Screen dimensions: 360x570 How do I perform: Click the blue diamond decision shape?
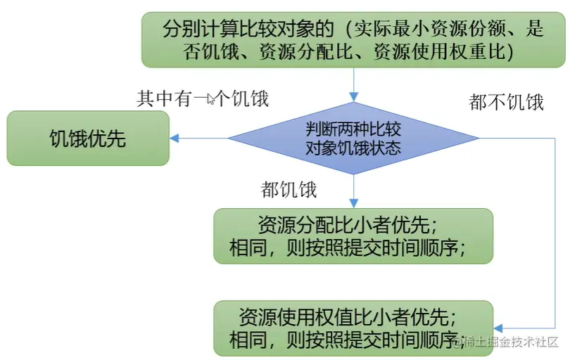point(353,139)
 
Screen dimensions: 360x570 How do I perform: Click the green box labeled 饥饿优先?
point(88,139)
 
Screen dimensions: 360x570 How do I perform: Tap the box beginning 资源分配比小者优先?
point(353,236)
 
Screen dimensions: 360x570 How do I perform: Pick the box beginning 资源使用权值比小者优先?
point(353,328)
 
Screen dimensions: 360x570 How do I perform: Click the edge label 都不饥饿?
point(506,102)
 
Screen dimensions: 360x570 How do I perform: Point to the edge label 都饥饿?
point(289,189)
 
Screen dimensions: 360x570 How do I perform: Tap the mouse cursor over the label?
point(210,100)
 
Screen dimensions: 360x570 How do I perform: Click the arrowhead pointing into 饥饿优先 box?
point(175,139)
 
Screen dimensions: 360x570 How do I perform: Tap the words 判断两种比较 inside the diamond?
point(353,129)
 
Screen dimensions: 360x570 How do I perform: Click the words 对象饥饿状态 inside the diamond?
point(353,148)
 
